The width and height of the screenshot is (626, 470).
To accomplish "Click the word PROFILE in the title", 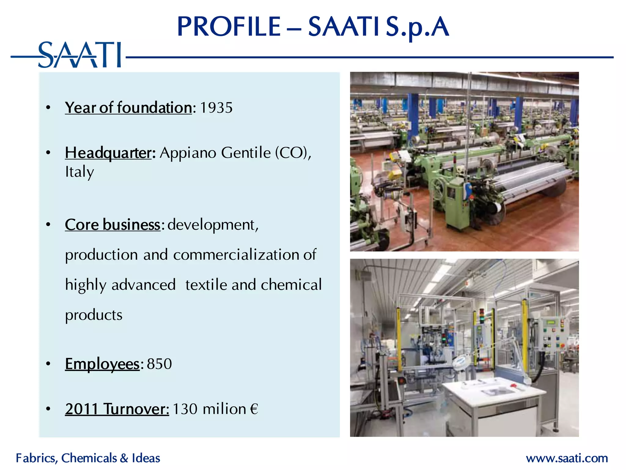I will point(229,27).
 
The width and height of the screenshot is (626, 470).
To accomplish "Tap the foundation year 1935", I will point(216,108).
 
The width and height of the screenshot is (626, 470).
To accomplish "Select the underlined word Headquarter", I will point(108,153).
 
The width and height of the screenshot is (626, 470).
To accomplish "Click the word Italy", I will point(79,172).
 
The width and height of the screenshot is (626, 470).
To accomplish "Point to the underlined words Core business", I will point(112,225).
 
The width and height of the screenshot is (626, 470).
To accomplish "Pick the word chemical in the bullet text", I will point(291,285).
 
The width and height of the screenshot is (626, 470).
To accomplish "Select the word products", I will point(94,315).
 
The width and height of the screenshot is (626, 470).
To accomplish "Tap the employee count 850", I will point(159,364).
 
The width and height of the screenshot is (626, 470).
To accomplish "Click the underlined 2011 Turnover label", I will point(117,409).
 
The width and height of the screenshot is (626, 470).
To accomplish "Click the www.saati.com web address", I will point(567,458).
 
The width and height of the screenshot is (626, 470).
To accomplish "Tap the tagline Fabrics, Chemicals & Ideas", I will point(88,458).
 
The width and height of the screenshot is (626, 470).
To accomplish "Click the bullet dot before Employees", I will point(48,364).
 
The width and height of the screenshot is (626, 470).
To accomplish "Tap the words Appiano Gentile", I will point(215,153).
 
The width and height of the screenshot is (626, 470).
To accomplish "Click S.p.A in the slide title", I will point(417,27).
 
